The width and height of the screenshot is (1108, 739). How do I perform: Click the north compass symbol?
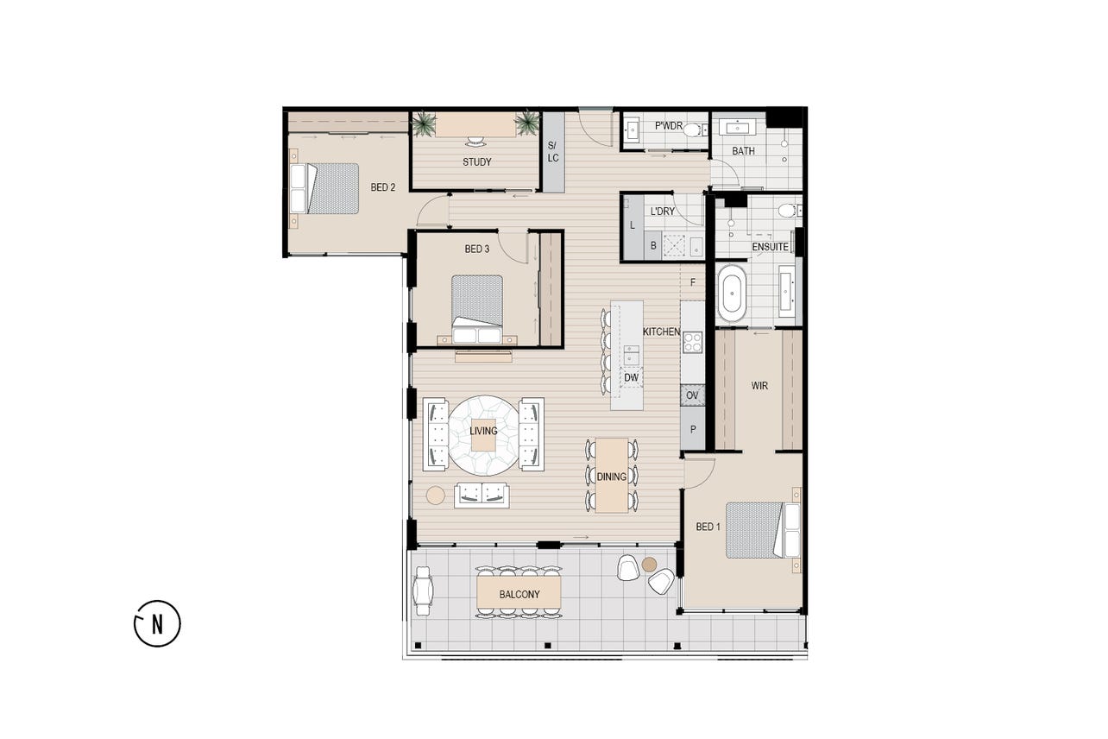click(x=157, y=623)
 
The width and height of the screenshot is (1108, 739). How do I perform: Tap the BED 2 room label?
click(x=383, y=187)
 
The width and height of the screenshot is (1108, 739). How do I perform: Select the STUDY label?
click(x=477, y=161)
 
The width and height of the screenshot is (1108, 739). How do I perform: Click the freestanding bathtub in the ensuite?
click(x=732, y=294)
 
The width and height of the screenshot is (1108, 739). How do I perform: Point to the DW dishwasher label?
click(x=631, y=377)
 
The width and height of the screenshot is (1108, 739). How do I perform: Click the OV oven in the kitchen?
click(x=692, y=395)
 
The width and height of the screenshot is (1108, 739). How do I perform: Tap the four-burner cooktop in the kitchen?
click(x=692, y=342)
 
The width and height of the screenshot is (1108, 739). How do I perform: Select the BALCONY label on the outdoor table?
click(x=519, y=595)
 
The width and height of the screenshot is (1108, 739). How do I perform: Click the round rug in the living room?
click(x=484, y=435)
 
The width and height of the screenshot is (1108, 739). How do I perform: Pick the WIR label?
click(x=759, y=386)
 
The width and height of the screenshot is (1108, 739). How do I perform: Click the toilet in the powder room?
click(x=695, y=129)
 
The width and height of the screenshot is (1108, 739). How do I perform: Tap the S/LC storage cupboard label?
click(x=553, y=152)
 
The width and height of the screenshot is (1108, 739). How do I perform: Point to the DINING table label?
click(x=611, y=477)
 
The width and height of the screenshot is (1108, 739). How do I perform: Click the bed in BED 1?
click(x=763, y=530)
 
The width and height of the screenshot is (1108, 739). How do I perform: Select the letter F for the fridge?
click(x=692, y=282)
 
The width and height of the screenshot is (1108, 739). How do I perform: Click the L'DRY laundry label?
click(x=663, y=212)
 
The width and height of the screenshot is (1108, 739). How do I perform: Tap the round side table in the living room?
click(x=435, y=496)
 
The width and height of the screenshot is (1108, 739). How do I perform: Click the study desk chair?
click(x=475, y=142)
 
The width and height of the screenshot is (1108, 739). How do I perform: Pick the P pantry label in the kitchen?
click(x=692, y=430)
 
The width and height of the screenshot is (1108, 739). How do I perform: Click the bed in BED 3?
click(x=477, y=309)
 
